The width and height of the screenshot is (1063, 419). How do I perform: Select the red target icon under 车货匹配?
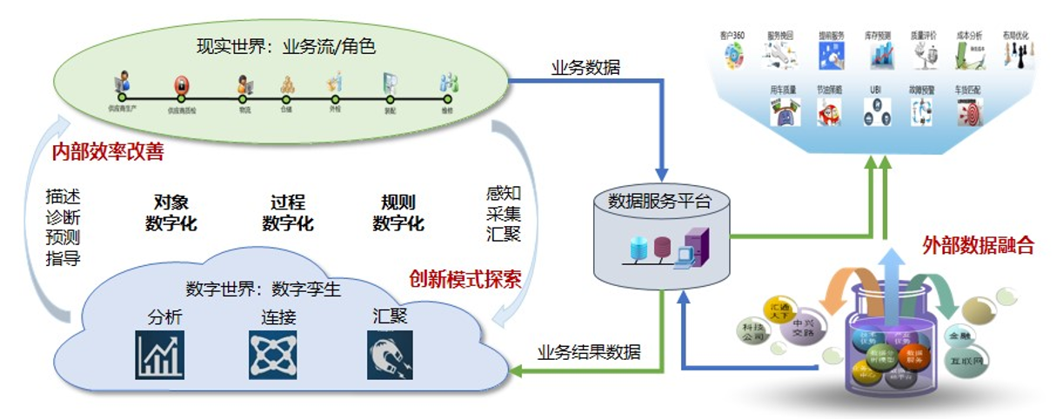[969, 112]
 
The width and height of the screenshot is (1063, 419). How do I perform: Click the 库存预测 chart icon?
[882, 56]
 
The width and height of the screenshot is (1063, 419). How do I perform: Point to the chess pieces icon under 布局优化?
[1015, 56]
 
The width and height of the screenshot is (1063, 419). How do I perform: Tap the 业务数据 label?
[585, 67]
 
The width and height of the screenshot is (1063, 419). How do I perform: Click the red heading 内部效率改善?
[108, 152]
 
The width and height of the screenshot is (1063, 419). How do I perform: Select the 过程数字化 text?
[288, 213]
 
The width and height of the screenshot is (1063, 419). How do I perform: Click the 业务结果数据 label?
[589, 352]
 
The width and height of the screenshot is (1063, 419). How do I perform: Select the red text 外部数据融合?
[978, 245]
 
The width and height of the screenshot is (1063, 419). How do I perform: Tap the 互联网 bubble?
[985, 356]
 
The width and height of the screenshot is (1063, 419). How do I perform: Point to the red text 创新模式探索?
[465, 280]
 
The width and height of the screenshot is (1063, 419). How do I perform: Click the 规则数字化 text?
[398, 213]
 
